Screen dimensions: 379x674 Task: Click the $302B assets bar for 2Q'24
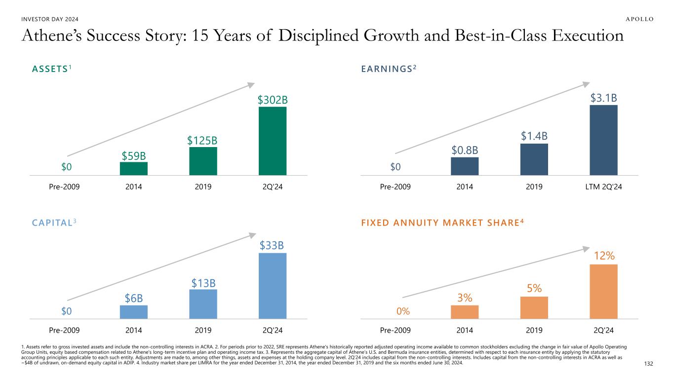click(x=273, y=141)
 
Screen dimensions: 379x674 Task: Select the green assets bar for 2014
click(x=133, y=168)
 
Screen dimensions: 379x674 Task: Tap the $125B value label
click(x=202, y=140)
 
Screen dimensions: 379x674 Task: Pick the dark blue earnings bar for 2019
click(x=534, y=159)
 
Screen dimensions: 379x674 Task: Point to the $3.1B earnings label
click(x=603, y=98)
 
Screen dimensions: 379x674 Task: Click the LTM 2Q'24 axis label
click(x=603, y=187)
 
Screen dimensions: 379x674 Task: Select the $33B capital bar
click(x=273, y=286)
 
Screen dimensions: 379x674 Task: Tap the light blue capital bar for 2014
click(x=133, y=312)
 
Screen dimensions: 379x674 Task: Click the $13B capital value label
click(x=203, y=283)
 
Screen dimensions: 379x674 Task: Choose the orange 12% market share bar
click(x=603, y=292)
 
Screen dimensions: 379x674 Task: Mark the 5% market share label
click(x=534, y=288)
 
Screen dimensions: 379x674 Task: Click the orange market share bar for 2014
click(x=465, y=312)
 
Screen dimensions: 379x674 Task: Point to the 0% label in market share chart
click(x=403, y=311)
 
